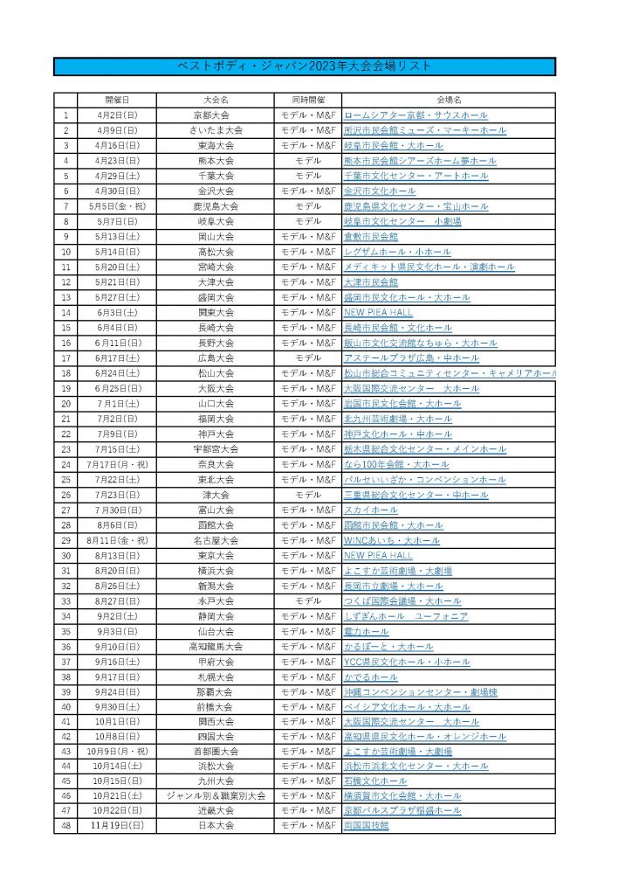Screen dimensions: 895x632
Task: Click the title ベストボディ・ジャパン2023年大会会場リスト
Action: point(305,67)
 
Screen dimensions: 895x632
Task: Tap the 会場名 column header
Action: point(449,100)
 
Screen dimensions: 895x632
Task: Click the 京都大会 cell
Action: point(214,114)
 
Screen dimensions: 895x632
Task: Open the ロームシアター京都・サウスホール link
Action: point(416,114)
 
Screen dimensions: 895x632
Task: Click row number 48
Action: point(65,825)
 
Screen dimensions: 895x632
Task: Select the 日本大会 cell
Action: point(214,825)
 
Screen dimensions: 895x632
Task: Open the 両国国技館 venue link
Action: point(366,825)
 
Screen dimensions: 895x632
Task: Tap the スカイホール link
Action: point(371,510)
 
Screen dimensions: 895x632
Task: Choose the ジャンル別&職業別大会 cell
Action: point(214,795)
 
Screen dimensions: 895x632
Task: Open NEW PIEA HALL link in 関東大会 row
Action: point(378,312)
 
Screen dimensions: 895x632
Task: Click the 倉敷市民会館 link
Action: point(371,236)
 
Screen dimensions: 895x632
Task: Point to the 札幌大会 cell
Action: point(214,676)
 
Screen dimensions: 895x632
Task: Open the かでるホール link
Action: point(371,676)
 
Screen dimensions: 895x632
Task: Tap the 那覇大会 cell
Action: point(214,691)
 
